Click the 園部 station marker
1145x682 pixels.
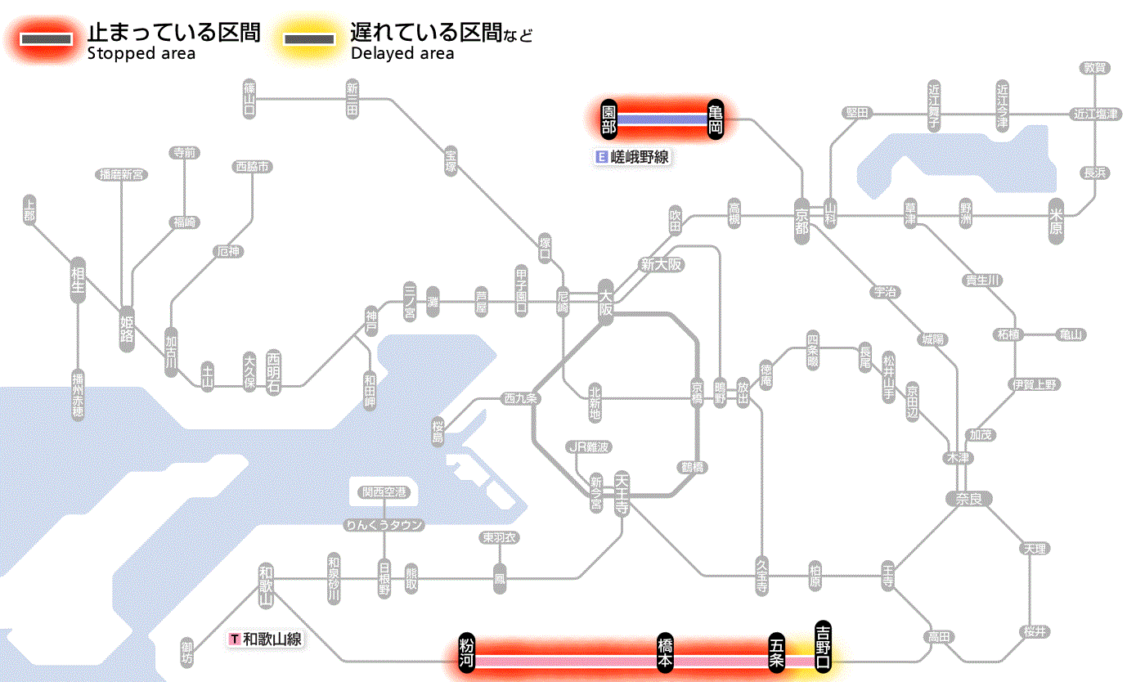pos(608,119)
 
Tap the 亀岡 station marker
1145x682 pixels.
pos(716,119)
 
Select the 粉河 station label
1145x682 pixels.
pos(466,653)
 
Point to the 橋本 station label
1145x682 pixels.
pos(666,653)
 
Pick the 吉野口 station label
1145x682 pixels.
pos(823,645)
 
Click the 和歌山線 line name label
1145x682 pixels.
pos(267,639)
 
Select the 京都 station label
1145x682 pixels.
pos(801,218)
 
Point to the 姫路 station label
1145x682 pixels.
pos(127,328)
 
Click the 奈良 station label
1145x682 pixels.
pos(968,498)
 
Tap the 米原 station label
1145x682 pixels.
pos(1057,221)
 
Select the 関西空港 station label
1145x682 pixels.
pos(384,492)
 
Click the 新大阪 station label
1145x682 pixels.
pos(661,265)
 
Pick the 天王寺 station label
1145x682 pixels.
pos(621,495)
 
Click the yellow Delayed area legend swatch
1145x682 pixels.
pos(308,38)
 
